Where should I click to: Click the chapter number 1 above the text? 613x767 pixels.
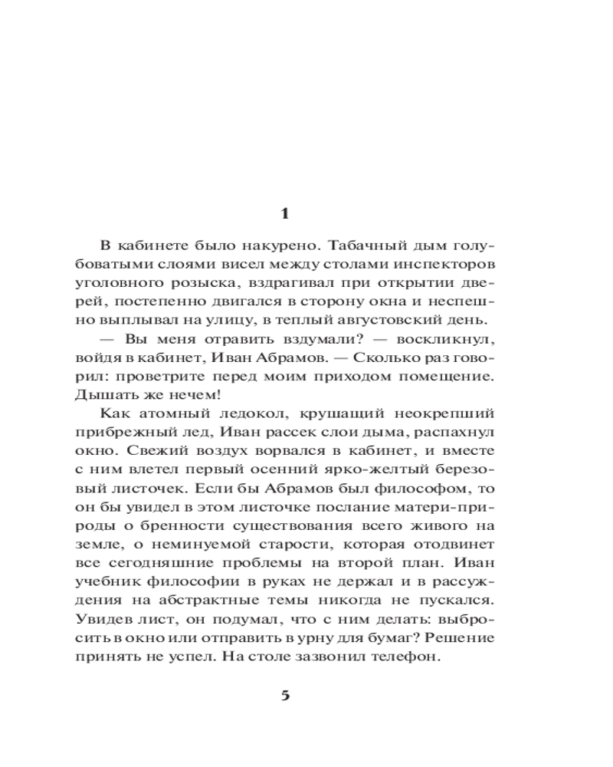(x=285, y=214)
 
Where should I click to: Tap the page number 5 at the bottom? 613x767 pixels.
(x=285, y=696)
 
